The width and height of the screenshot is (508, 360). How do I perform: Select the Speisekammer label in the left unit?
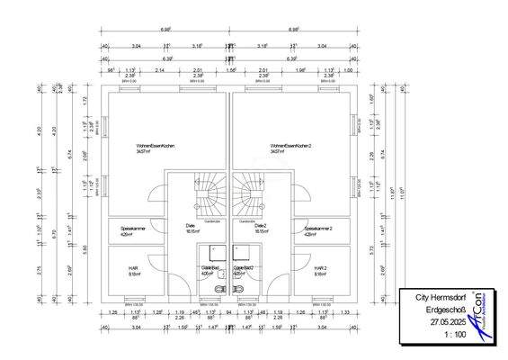tap(134, 229)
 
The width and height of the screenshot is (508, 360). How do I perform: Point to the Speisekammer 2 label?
tap(318, 229)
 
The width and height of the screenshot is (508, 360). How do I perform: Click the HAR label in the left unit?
tap(131, 268)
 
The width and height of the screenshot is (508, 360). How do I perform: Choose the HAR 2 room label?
tap(320, 268)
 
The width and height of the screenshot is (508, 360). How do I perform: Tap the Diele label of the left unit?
tap(191, 226)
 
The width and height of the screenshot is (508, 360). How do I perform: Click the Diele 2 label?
tap(261, 226)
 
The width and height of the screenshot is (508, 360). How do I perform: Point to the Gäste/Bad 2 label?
tap(244, 268)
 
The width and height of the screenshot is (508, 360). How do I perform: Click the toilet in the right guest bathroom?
tap(238, 287)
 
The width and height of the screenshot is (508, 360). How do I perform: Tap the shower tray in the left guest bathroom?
tap(214, 252)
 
